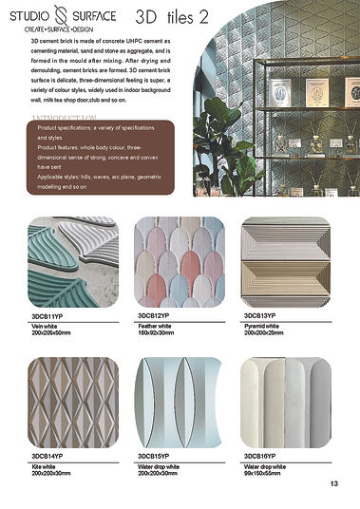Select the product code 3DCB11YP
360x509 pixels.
pos(47,315)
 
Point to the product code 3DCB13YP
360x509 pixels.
pos(260,315)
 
